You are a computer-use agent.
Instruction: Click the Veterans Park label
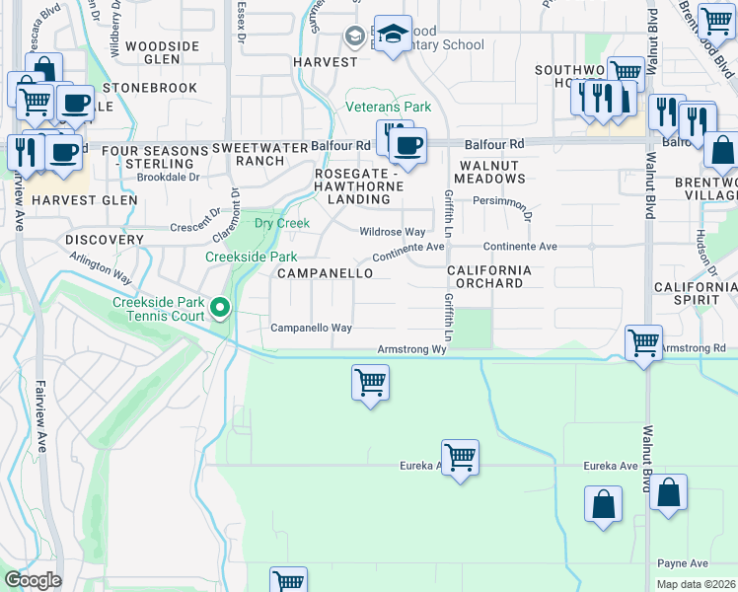pyautogui.click(x=388, y=107)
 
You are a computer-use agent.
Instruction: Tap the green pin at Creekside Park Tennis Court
pyautogui.click(x=221, y=311)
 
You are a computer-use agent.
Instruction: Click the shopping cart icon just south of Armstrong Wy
pyautogui.click(x=370, y=382)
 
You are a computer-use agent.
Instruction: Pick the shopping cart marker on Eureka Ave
pyautogui.click(x=460, y=457)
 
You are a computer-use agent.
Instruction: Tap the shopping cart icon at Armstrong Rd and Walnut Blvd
pyautogui.click(x=643, y=343)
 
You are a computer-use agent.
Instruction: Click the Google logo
pyautogui.click(x=32, y=580)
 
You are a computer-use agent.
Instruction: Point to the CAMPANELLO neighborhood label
pyautogui.click(x=325, y=272)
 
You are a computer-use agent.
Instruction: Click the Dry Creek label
pyautogui.click(x=281, y=223)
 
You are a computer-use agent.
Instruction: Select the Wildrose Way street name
pyautogui.click(x=392, y=232)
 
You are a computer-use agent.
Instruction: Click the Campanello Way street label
pyautogui.click(x=311, y=328)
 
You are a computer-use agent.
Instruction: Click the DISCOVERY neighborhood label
pyautogui.click(x=105, y=240)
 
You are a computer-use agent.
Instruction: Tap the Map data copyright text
pyautogui.click(x=696, y=584)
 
